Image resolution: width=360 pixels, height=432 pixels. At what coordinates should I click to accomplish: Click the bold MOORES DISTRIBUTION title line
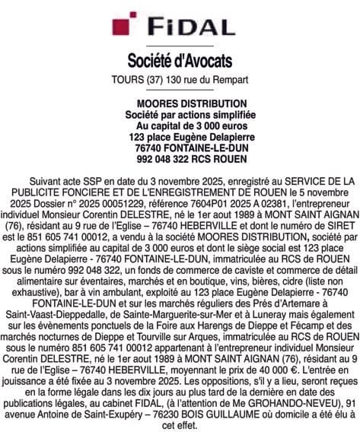pos(180,101)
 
